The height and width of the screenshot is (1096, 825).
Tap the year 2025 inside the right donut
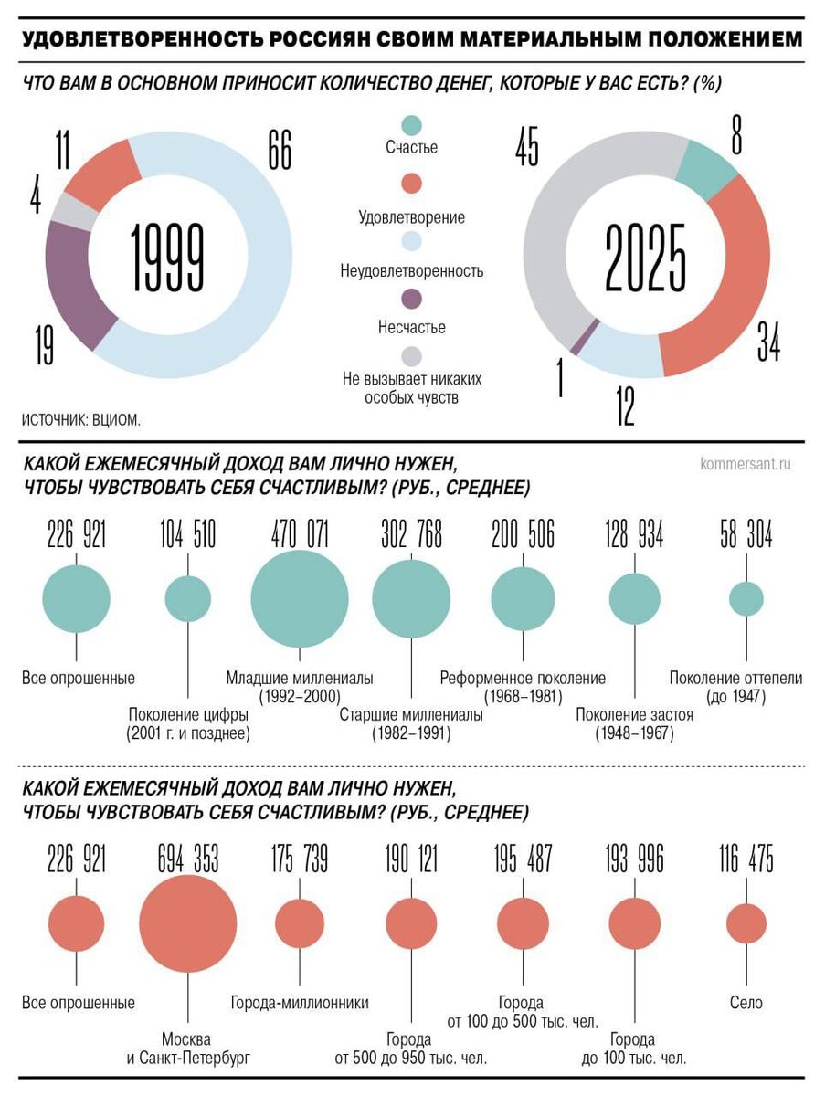click(645, 258)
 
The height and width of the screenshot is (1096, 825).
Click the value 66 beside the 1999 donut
click(279, 150)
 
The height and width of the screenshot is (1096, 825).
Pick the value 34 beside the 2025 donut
click(768, 340)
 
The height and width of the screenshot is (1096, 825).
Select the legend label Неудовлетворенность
click(411, 271)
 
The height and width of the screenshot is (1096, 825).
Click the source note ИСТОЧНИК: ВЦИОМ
click(81, 420)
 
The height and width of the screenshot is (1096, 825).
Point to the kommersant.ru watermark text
click(745, 464)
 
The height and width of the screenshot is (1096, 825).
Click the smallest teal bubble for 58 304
click(746, 599)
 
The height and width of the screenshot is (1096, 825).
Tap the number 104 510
click(187, 535)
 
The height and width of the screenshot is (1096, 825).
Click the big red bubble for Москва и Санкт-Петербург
click(187, 922)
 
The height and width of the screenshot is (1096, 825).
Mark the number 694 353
click(187, 859)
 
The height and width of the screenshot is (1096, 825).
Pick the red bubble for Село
click(746, 922)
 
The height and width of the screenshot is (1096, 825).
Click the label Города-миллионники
click(300, 1003)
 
